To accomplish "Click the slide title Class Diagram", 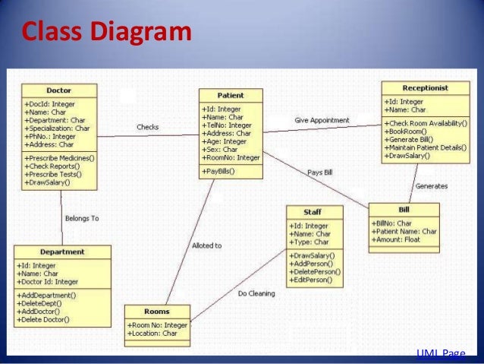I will [105, 33].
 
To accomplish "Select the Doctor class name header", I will [58, 90].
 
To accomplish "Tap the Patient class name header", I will [231, 96].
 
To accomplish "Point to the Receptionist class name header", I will [426, 88].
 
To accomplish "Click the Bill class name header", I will [403, 208].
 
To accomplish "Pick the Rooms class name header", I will [156, 312].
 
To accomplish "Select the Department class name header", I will [61, 252].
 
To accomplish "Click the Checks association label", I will [147, 127].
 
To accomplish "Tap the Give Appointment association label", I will [322, 120].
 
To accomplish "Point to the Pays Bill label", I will [319, 172].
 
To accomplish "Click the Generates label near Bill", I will [431, 186].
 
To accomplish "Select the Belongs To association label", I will [81, 218].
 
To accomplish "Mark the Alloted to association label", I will [206, 245].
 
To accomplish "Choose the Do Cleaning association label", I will [256, 293].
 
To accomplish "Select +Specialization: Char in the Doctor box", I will [57, 128].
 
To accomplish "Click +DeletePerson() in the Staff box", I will [315, 271].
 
